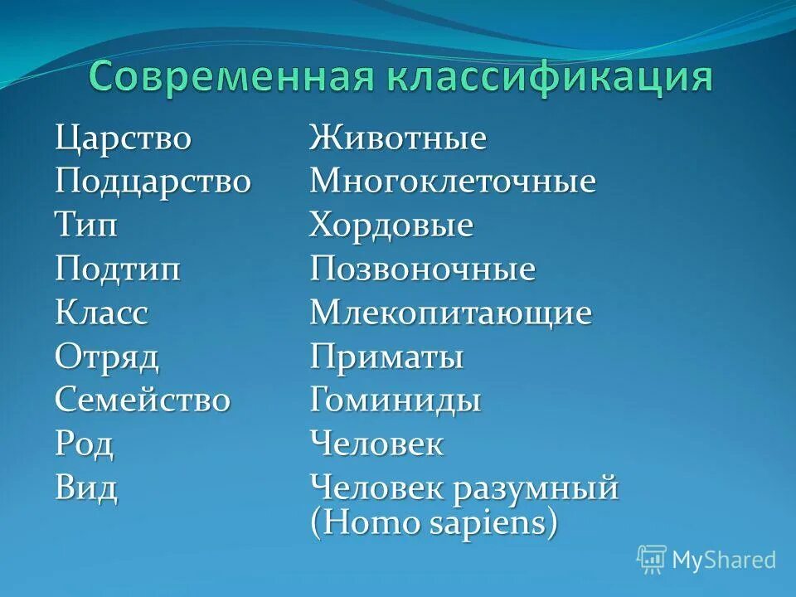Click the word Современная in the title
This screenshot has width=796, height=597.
(229, 77)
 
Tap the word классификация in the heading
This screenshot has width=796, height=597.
(547, 77)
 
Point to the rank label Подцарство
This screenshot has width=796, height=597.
(153, 182)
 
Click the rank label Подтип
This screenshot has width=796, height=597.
(118, 269)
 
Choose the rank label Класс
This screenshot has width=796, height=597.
(102, 313)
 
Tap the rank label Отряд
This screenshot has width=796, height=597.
(107, 358)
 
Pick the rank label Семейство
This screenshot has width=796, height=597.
(143, 401)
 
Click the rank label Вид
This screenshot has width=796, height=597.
(85, 488)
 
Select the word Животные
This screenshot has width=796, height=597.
(397, 138)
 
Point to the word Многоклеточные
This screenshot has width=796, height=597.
(452, 182)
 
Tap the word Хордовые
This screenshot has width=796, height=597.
(391, 226)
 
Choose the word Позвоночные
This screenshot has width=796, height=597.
(422, 269)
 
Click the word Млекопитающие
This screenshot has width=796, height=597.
(450, 313)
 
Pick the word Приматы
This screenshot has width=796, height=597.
(386, 358)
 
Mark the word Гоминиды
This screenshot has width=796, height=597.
(395, 401)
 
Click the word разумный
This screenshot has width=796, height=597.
(535, 488)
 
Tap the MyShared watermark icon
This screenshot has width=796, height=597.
(652, 560)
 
